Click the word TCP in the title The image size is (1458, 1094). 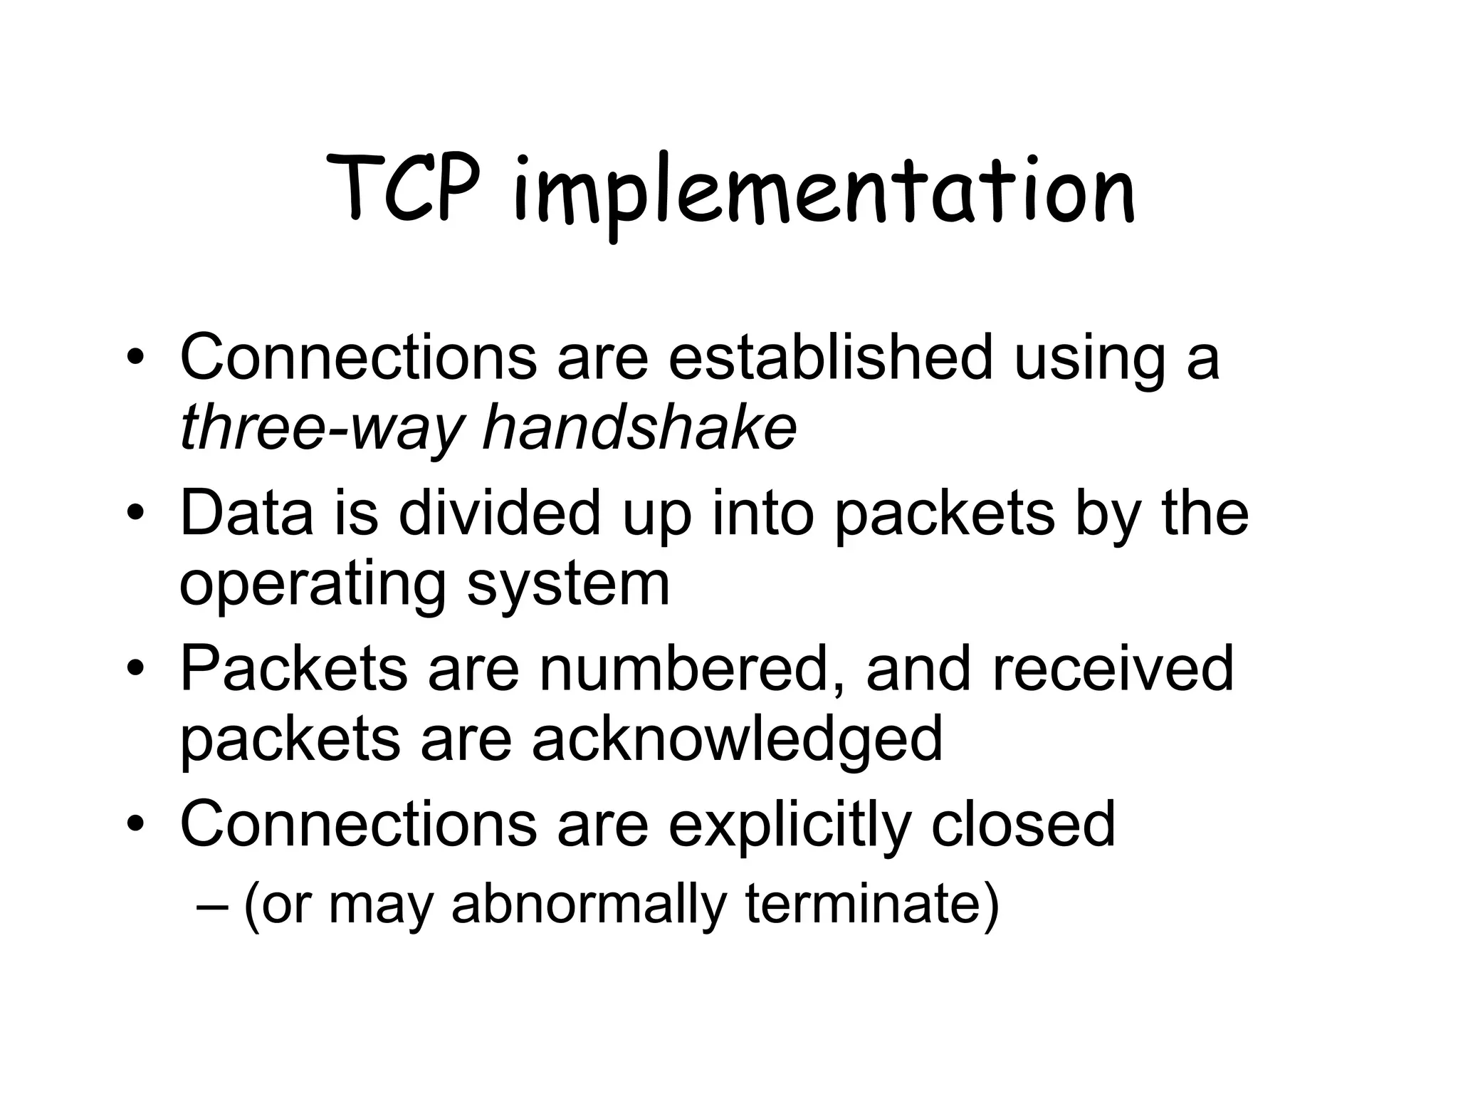404,188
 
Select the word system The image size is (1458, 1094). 568,585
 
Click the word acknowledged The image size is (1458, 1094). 737,739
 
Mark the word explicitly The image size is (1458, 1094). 790,824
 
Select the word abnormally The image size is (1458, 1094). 589,904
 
